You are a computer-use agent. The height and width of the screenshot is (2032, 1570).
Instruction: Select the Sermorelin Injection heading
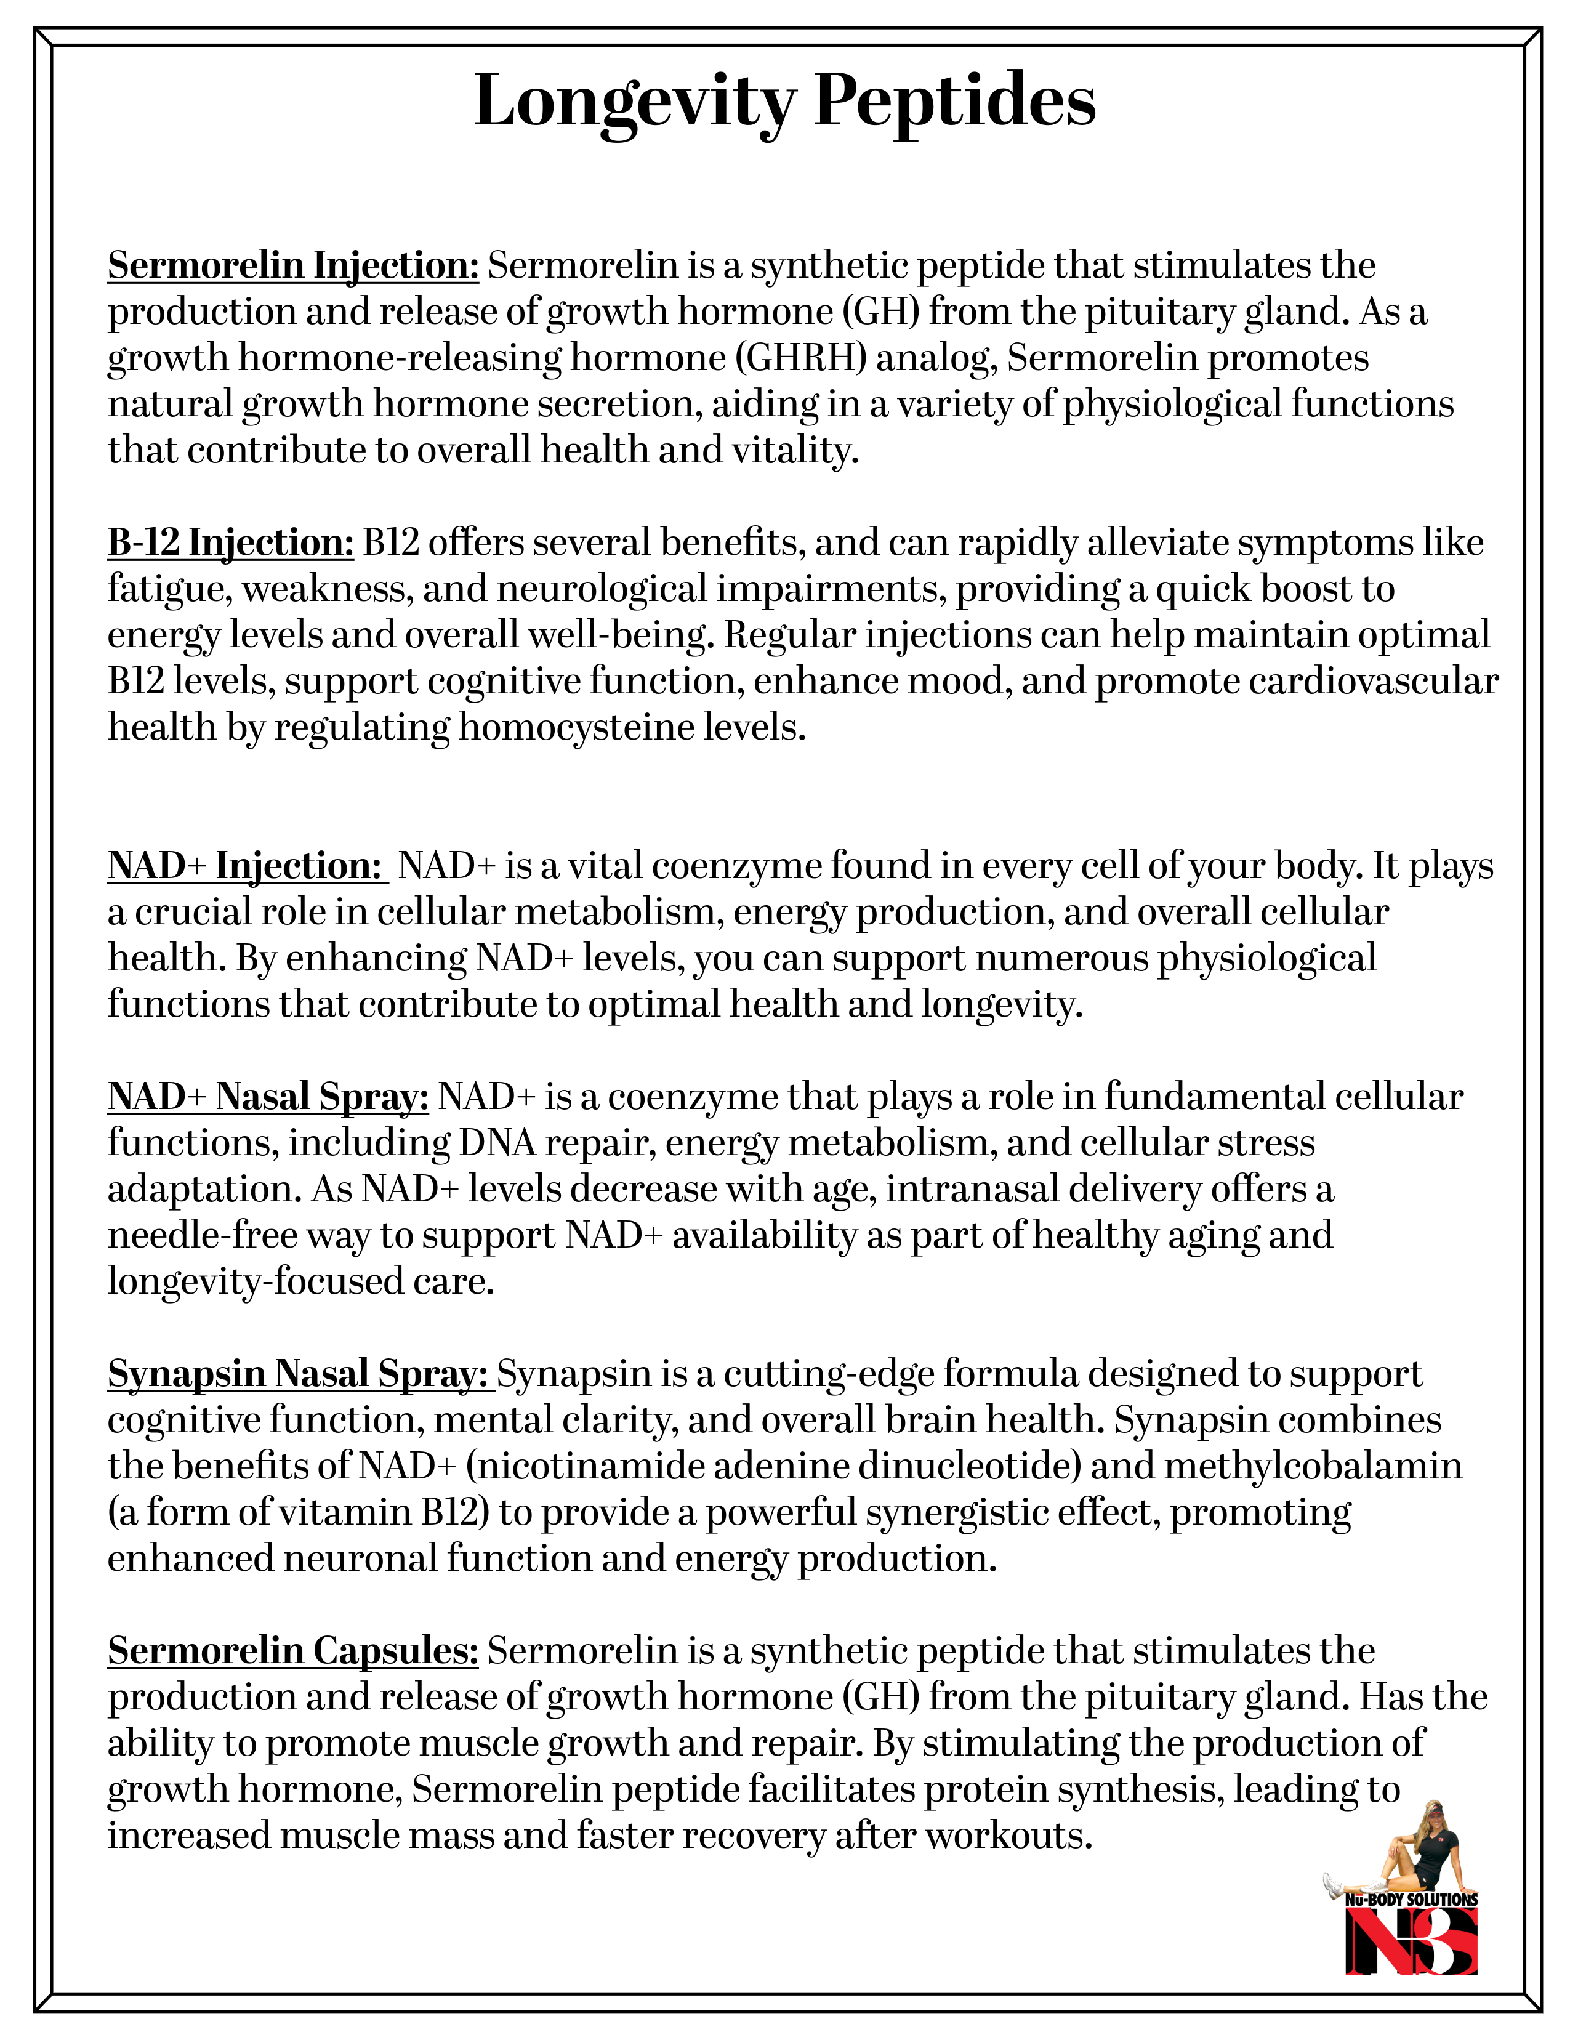293,266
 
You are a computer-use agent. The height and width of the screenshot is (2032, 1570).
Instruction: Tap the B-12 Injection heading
231,542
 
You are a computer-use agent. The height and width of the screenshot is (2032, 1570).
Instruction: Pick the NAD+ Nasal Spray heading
268,1097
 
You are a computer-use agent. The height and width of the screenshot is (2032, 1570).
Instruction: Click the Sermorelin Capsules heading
293,1650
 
